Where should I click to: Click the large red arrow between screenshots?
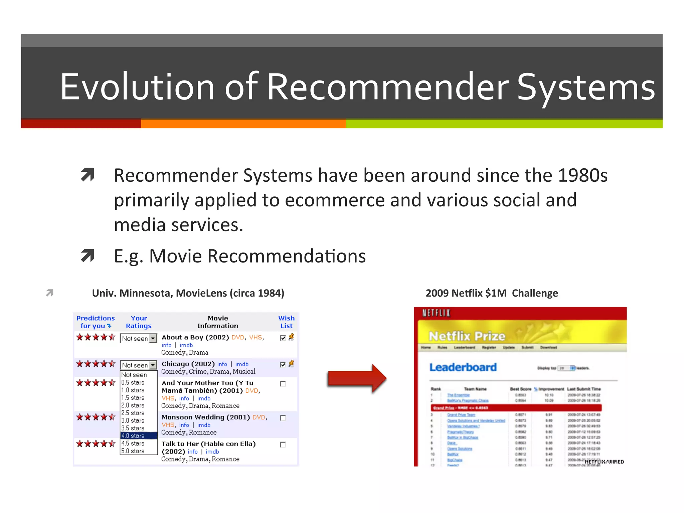point(356,378)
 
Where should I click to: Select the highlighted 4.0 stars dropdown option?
point(139,436)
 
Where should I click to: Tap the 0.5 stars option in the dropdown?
point(133,382)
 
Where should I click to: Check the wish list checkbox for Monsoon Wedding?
point(283,418)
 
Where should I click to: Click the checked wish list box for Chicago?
point(283,364)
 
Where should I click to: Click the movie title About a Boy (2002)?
point(195,337)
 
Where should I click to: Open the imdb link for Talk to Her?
point(212,452)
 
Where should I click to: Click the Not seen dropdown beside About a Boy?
point(138,338)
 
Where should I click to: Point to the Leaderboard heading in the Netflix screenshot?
point(463,367)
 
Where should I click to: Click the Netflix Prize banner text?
point(467,336)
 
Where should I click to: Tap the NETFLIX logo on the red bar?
point(436,313)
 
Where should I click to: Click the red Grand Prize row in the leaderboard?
point(516,408)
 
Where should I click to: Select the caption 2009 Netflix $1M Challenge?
point(492,293)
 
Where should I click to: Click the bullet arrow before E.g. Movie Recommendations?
point(88,256)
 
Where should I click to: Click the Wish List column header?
point(286,322)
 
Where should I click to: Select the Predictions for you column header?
point(95,322)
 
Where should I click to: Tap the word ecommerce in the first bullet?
point(335,200)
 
